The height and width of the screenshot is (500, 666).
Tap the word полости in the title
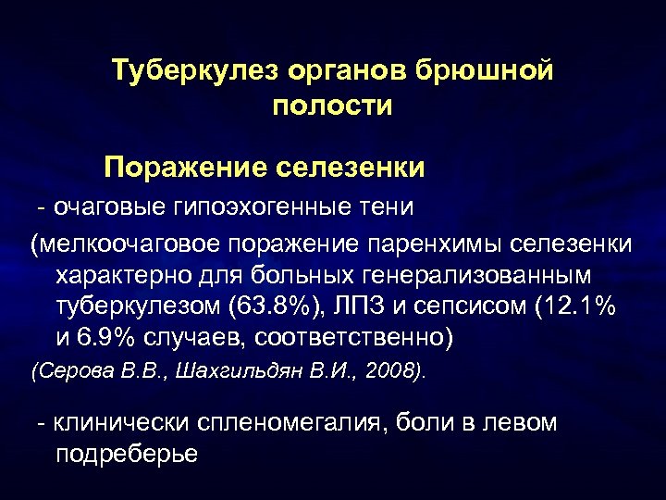333,106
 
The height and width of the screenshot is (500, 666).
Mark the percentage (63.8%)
280,307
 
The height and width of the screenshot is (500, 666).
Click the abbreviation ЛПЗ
368,307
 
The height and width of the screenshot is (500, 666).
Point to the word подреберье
127,455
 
